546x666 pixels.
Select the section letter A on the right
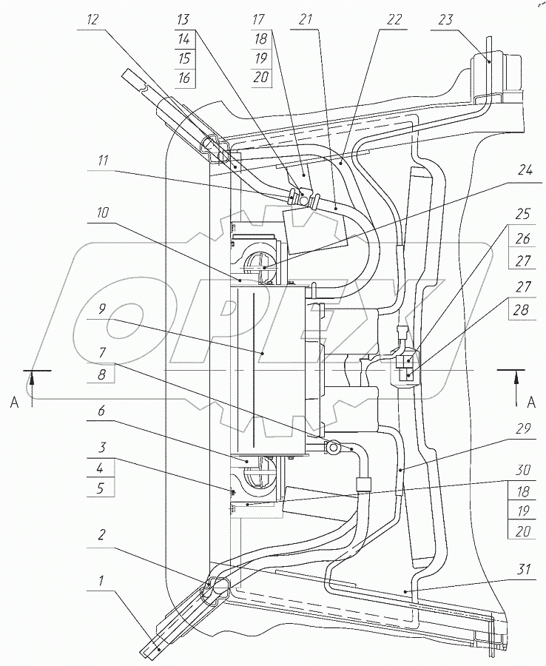(x=530, y=402)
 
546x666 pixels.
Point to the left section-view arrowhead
(x=32, y=378)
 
